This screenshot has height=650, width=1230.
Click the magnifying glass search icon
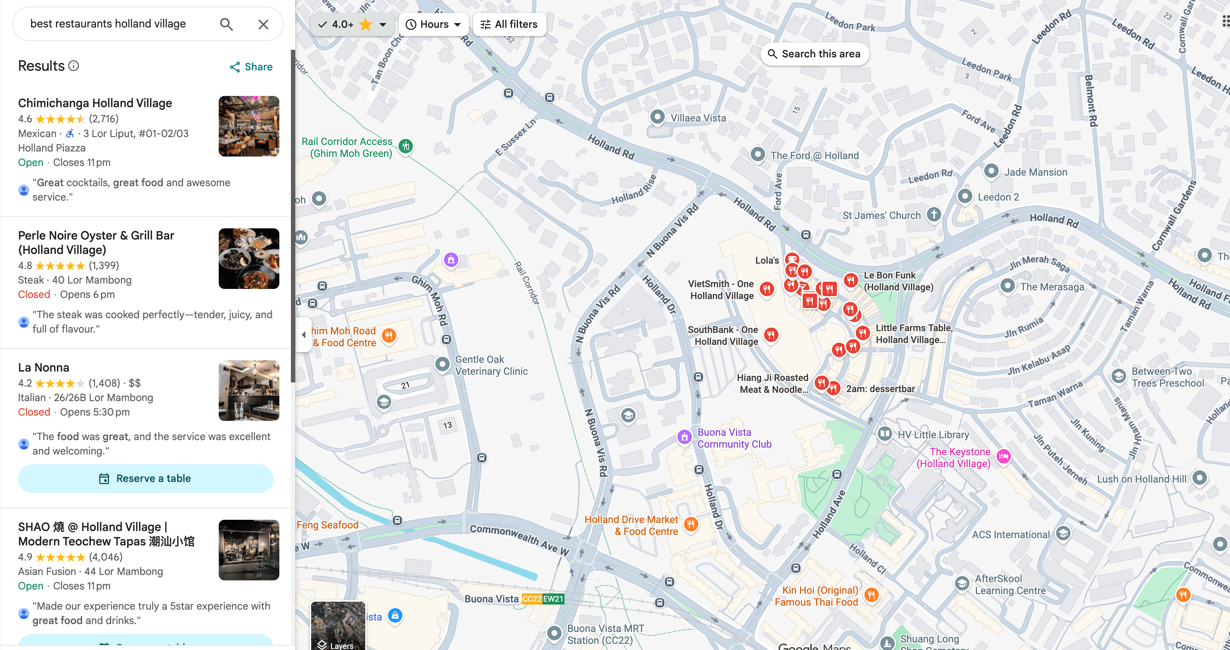click(226, 24)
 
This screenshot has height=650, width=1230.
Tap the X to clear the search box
click(263, 24)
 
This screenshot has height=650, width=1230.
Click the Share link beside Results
click(251, 67)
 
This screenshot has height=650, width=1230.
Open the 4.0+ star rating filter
click(352, 24)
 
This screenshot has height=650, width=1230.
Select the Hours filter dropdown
click(433, 24)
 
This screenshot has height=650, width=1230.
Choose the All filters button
click(509, 24)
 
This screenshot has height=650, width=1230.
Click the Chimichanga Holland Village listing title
click(95, 103)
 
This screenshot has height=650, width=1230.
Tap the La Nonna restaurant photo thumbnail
click(249, 390)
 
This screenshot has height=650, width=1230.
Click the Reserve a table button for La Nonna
click(146, 478)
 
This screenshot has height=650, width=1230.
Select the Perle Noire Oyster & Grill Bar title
click(96, 242)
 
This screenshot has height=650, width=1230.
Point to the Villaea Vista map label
click(698, 118)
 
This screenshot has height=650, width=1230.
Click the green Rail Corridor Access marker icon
click(406, 146)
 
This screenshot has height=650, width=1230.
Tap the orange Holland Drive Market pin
click(690, 524)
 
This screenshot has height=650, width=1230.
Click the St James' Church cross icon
click(933, 214)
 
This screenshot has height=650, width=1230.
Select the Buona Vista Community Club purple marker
click(684, 437)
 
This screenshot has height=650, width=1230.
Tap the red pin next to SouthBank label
click(771, 334)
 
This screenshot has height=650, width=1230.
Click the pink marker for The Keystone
click(1003, 457)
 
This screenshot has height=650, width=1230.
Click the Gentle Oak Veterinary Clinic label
click(491, 365)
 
